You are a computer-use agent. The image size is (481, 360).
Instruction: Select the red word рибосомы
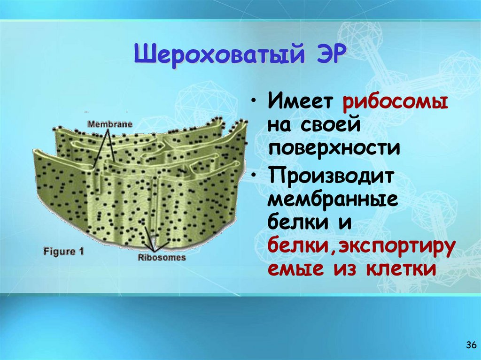394,103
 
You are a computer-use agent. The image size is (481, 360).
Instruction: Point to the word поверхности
334,149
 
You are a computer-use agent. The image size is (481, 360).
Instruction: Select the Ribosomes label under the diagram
162,257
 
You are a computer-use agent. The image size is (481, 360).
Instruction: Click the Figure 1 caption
63,251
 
